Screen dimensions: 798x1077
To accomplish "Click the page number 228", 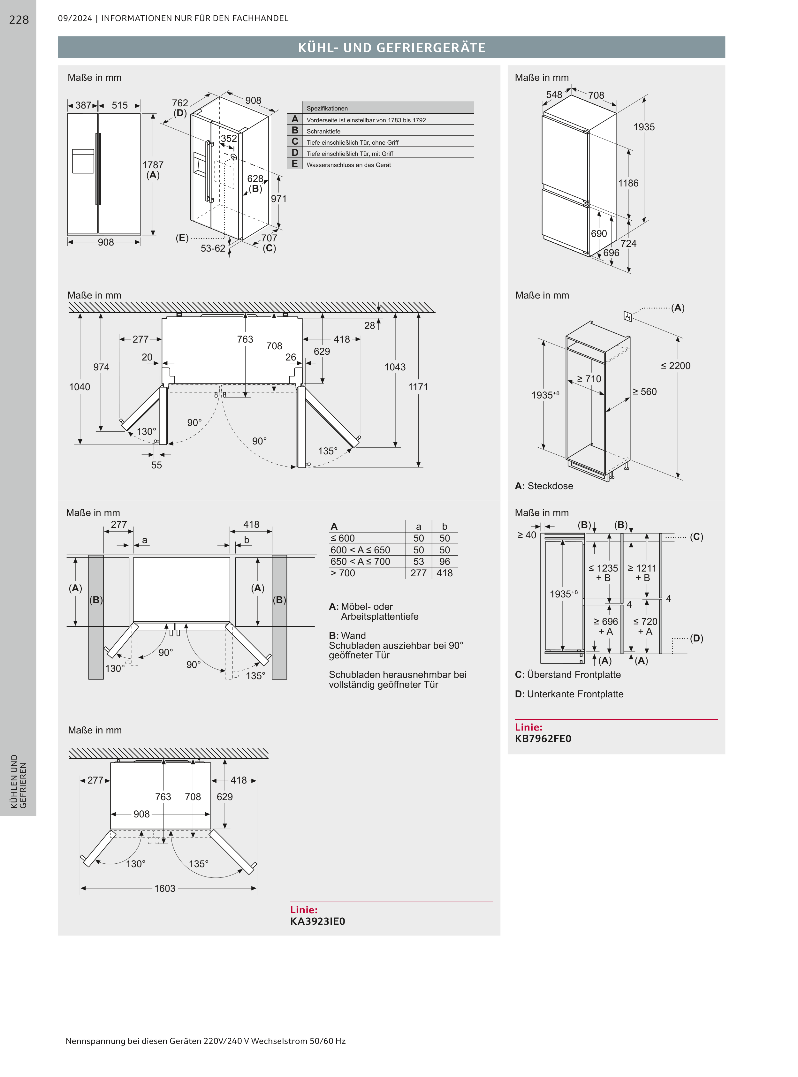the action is pos(19,20).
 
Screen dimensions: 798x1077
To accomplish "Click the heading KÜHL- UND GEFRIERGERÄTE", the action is pos(391,47).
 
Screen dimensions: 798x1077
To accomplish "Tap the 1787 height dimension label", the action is pos(153,165).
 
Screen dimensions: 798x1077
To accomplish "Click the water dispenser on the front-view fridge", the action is pos(83,161).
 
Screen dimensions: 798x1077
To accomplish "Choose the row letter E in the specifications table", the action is pos(295,164).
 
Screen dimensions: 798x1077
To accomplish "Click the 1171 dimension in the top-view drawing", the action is pos(418,387).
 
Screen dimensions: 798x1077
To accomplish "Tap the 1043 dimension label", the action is pos(395,367).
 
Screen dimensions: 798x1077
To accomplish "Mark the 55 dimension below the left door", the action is pos(156,465).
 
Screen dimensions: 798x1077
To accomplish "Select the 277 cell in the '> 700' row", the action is pos(418,573).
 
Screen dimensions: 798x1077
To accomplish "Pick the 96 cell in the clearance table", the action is pos(445,561).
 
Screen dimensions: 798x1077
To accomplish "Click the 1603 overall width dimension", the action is pos(165,888).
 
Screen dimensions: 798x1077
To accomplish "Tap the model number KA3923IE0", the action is pos(317,921).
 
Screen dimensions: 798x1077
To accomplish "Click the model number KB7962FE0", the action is pos(543,739).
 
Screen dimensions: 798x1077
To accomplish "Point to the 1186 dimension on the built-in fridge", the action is pos(628,183).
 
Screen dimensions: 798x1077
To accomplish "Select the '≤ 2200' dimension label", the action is pos(675,366).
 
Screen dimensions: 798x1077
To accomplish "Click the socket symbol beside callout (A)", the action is pos(627,316).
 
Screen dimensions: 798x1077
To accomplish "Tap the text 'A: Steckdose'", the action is pos(544,486).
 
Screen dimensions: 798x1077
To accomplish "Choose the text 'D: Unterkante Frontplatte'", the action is pos(569,694).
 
